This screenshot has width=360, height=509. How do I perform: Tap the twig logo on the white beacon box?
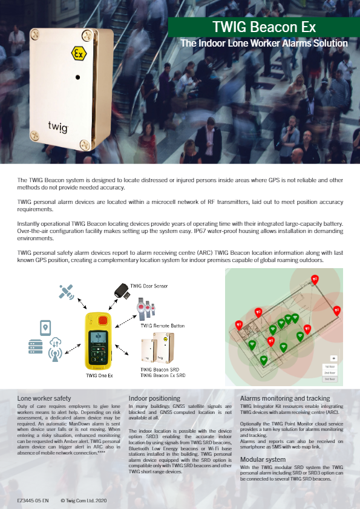tap(58, 126)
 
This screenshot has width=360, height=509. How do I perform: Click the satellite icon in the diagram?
tap(67, 291)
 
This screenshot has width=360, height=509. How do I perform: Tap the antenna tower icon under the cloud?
tap(56, 352)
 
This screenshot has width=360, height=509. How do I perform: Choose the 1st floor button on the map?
tap(330, 366)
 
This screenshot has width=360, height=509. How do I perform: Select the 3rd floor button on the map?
tap(330, 379)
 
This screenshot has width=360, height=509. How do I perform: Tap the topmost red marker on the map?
tap(314, 280)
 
